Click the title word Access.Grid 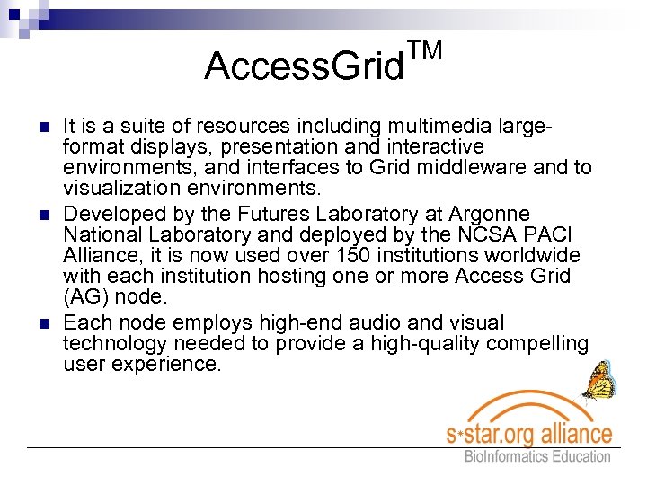tap(304, 66)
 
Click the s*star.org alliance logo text tap(529, 434)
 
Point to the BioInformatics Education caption tap(536, 456)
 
